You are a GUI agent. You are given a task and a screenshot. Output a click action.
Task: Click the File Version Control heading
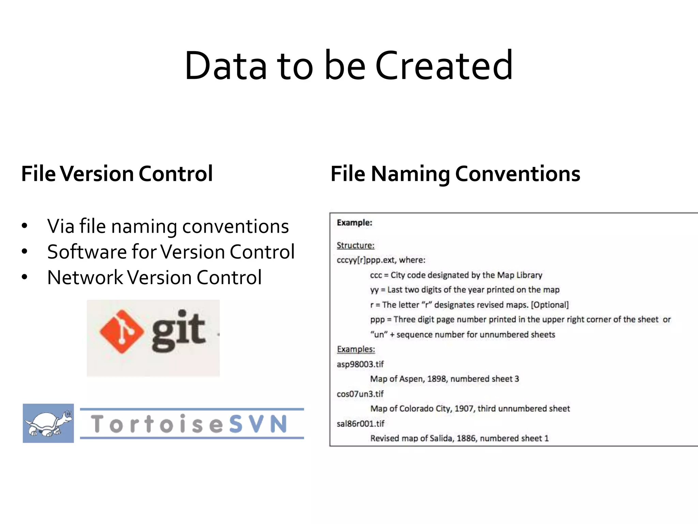coord(117,174)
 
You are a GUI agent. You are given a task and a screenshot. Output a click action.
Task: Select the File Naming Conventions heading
coord(455,174)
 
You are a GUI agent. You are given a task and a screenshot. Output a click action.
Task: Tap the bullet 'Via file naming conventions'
coord(168,226)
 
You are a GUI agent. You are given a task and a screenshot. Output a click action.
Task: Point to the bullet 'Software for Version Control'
coord(171,252)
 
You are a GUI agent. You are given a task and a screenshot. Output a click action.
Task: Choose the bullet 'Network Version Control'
coord(154,277)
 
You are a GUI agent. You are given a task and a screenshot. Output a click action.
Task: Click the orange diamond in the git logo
coord(122,332)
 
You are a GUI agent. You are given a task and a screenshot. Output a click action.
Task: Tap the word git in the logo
coord(178,331)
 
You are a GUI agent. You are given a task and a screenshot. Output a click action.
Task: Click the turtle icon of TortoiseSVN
coord(48,423)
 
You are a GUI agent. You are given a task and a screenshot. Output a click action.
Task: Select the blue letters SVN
coord(258,424)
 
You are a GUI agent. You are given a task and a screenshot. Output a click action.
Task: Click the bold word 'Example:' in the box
coord(354,223)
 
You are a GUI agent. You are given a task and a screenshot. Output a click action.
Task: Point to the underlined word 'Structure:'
coord(355,245)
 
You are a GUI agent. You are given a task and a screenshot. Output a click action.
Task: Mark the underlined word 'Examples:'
coord(356,349)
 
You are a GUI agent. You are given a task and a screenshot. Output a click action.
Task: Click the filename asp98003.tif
coord(360,364)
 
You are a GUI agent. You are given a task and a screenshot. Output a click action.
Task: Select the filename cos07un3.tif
coord(360,394)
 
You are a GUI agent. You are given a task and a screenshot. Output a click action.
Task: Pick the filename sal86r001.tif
coord(361,424)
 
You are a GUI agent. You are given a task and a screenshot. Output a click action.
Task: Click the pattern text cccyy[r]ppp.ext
coord(366,260)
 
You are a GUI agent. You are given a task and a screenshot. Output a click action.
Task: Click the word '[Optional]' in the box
coord(550,305)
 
